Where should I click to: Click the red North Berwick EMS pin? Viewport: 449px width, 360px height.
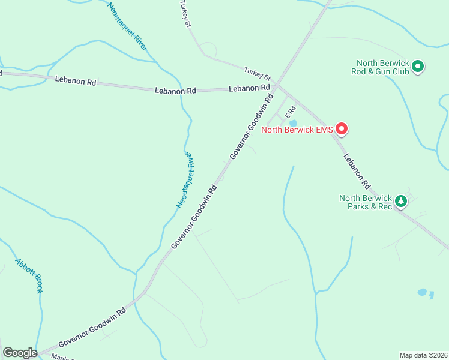coord(341,128)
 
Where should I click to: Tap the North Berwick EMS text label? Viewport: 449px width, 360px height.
coord(297,129)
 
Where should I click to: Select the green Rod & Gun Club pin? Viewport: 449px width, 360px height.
coord(418,67)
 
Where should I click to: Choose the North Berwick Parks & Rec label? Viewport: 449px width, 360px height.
coord(366,202)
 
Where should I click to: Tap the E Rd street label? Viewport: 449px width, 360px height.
coord(291,112)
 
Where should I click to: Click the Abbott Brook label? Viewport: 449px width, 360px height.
coord(29,275)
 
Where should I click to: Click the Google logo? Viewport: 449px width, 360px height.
coord(20,353)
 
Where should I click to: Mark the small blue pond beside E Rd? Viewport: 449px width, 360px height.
coord(285,124)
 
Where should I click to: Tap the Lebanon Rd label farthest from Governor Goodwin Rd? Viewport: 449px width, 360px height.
coord(76,80)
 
